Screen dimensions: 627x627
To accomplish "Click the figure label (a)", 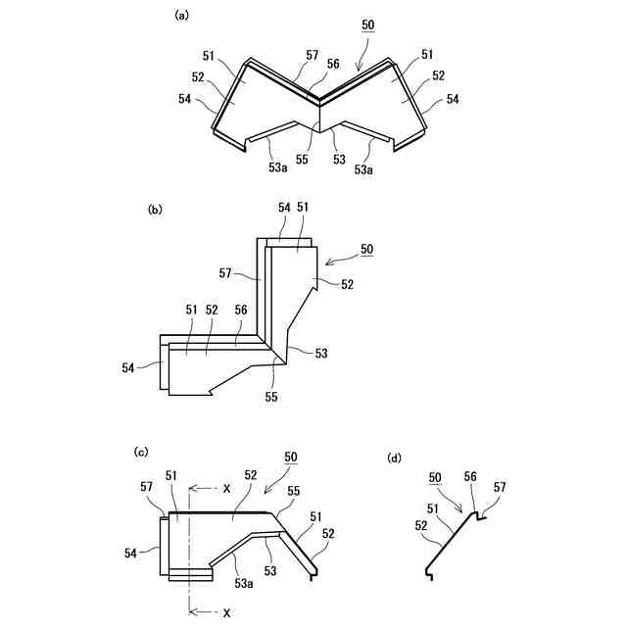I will [180, 16].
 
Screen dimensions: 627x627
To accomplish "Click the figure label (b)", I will [154, 210].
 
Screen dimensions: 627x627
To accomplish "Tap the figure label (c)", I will [141, 452].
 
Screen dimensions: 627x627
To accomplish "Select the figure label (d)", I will [394, 458].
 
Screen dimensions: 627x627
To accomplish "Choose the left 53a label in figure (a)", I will [278, 169].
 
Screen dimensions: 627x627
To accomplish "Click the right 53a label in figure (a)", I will [363, 169].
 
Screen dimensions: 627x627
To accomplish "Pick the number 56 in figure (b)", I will [240, 310].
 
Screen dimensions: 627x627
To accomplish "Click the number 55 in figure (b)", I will [271, 397].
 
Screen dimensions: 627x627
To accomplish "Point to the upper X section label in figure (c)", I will [226, 488].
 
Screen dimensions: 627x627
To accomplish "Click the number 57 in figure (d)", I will [500, 487].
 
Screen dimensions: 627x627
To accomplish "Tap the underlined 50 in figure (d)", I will [435, 477].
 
